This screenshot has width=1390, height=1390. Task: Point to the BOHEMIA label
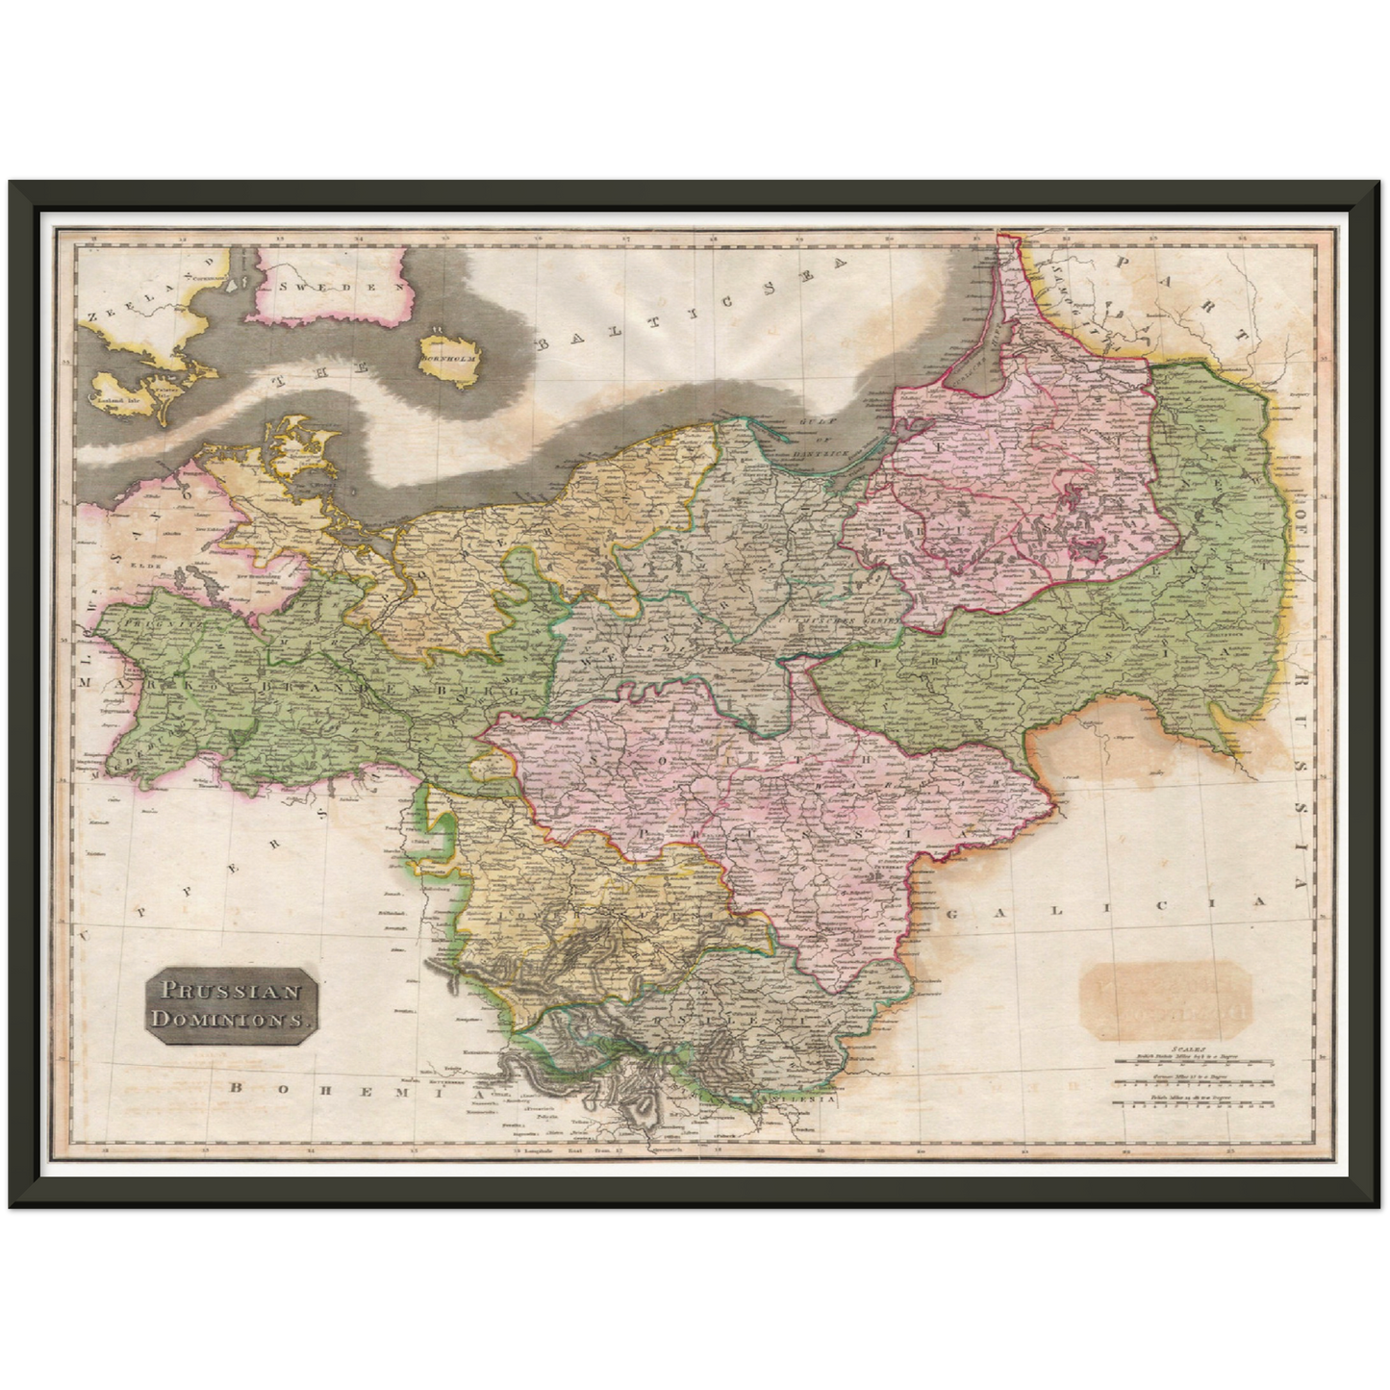(288, 1087)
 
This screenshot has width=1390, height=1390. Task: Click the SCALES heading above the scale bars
(1185, 1052)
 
